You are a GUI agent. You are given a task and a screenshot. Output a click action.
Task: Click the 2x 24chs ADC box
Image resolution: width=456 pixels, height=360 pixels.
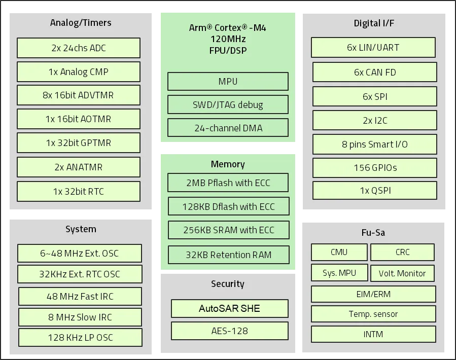[79, 48]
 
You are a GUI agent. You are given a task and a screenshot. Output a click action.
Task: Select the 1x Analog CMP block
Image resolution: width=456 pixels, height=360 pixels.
[79, 72]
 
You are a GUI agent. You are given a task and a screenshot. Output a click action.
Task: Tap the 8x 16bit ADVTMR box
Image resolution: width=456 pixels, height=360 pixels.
[79, 95]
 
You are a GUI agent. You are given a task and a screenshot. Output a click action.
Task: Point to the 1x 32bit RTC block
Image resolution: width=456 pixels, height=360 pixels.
[79, 192]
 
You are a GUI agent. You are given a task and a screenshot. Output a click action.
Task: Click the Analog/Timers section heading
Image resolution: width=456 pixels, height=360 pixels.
[81, 23]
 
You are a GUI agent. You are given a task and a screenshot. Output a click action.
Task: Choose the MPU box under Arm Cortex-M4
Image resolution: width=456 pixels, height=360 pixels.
[228, 82]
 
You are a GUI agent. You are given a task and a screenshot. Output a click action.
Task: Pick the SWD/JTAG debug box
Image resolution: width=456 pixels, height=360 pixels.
[228, 105]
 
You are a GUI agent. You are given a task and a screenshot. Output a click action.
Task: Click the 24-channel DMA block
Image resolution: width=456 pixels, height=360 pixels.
[228, 128]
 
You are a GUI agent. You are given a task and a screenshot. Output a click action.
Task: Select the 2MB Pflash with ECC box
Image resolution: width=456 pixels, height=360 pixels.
[228, 183]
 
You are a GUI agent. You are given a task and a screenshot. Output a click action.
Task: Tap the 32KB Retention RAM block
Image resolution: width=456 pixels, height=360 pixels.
[228, 255]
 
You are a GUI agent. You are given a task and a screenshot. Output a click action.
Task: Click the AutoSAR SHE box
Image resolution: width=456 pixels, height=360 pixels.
[229, 308]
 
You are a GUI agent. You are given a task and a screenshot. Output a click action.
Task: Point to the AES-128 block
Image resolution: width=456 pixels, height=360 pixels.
[229, 331]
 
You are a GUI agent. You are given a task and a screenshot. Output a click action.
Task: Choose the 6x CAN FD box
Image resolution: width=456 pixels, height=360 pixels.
[374, 72]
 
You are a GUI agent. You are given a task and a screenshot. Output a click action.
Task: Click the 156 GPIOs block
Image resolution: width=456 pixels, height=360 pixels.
[374, 168]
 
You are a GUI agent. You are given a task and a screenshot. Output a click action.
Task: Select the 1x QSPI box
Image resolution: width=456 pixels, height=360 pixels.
[374, 191]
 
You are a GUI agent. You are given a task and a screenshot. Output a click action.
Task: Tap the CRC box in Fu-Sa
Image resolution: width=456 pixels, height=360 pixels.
[402, 252]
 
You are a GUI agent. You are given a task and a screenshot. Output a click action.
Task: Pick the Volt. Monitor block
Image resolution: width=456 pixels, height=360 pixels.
[402, 273]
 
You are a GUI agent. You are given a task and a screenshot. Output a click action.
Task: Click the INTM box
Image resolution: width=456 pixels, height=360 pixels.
[373, 334]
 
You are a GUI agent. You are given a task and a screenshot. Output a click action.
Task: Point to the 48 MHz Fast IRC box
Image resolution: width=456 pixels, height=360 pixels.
[80, 297]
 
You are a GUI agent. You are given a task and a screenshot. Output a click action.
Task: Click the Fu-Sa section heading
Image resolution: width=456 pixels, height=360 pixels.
[373, 233]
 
